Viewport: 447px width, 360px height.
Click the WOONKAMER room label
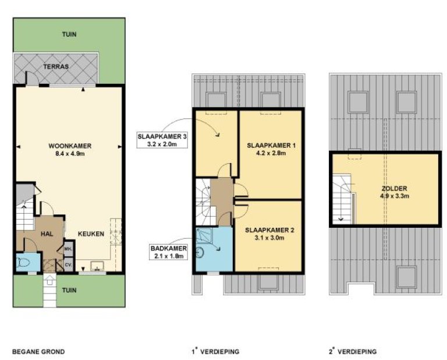(x=70, y=146)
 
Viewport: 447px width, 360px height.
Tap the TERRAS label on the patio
(x=56, y=67)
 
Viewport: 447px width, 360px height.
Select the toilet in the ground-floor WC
(x=22, y=262)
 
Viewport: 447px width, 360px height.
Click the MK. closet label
(x=68, y=249)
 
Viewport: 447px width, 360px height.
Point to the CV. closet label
(x=68, y=264)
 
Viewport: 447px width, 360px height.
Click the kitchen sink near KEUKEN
(x=98, y=266)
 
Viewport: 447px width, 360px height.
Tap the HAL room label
(x=47, y=234)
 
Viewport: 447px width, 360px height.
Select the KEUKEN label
(x=91, y=234)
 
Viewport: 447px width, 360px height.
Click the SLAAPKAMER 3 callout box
(x=162, y=140)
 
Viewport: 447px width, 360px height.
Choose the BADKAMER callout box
(x=169, y=252)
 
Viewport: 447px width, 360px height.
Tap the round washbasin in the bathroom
(x=200, y=252)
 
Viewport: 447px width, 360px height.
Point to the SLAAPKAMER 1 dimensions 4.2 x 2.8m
(x=271, y=153)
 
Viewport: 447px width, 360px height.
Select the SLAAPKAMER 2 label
(x=269, y=230)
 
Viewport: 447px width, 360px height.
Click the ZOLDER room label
(x=394, y=189)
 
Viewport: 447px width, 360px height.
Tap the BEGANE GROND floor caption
(x=38, y=351)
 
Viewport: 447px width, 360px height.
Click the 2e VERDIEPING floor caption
(x=352, y=351)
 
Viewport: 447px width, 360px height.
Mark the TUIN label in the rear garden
(x=69, y=34)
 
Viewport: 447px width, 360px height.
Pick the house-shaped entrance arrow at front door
(x=49, y=280)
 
